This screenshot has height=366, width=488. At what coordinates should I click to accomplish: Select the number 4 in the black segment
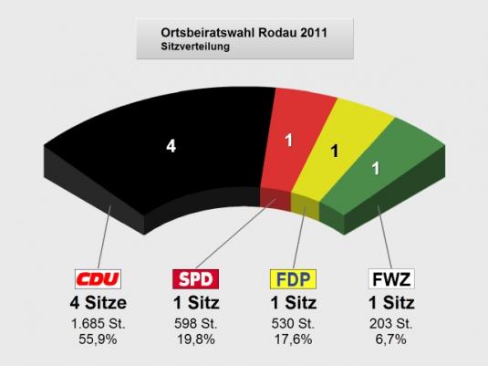(x=170, y=147)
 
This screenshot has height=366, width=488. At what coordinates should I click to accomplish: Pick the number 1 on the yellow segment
(x=334, y=152)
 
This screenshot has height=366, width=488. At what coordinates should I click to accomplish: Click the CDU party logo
(x=96, y=279)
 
